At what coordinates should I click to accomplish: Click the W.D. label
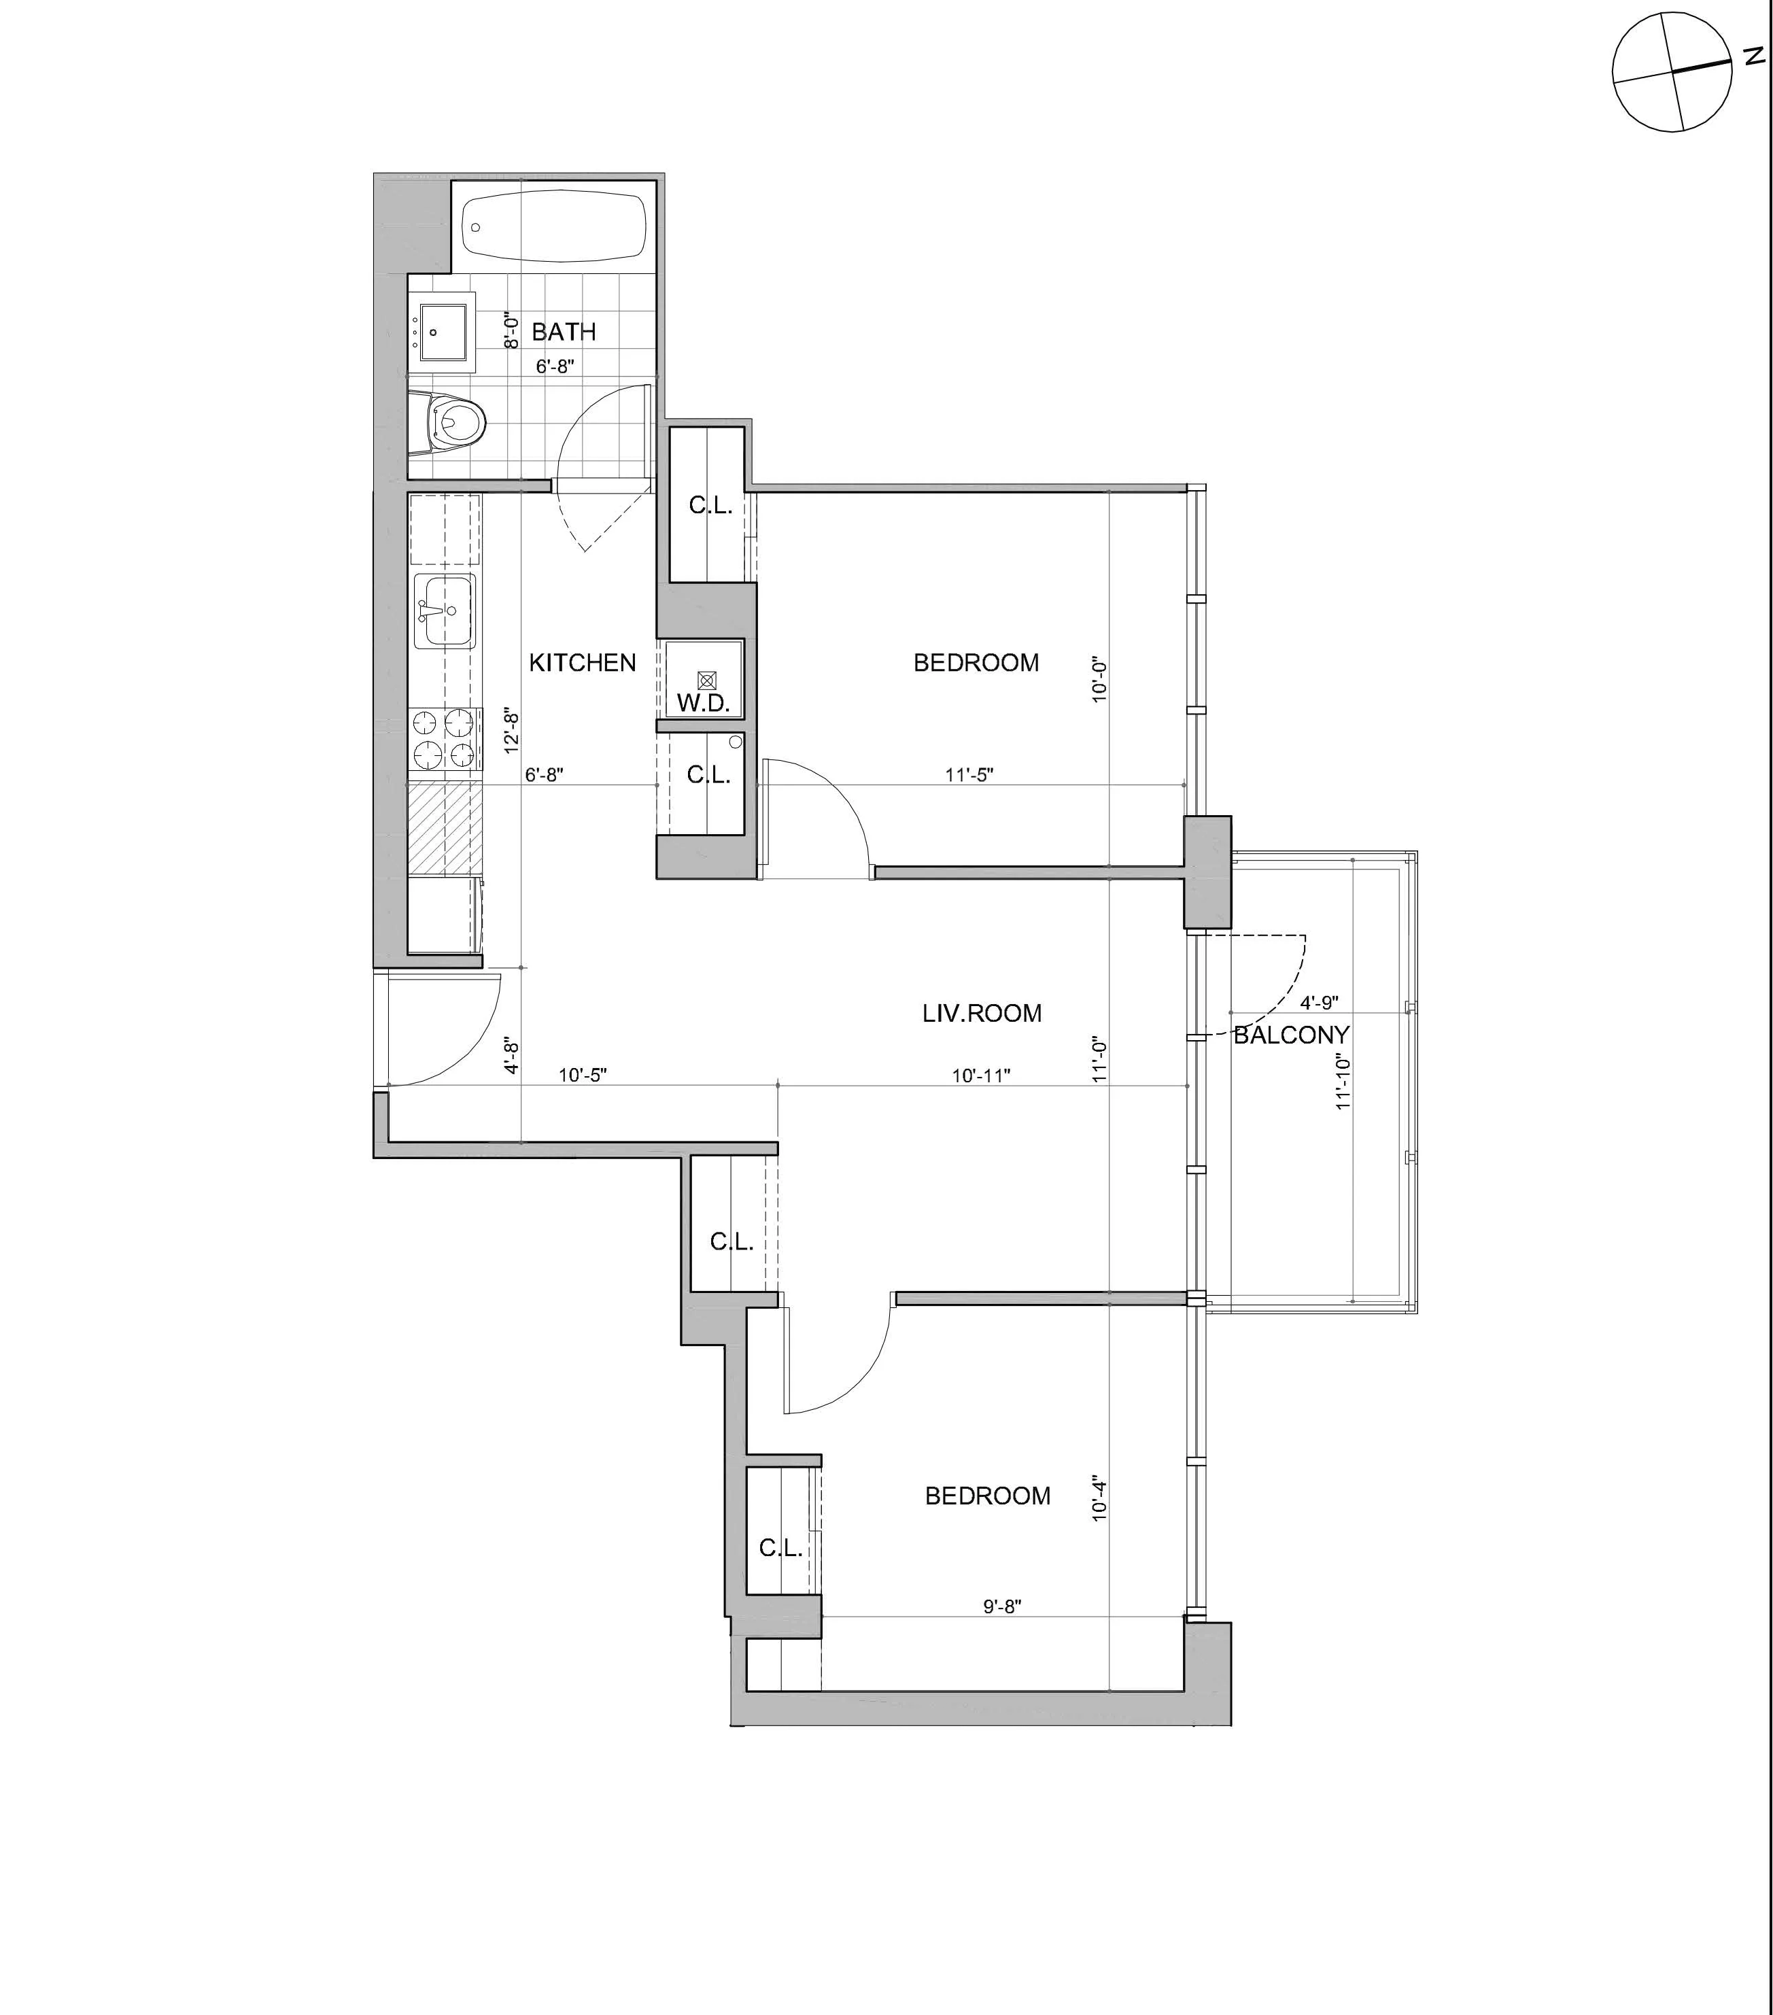tap(703, 703)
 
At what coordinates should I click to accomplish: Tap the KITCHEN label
tap(583, 662)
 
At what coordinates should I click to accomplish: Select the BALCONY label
tap(1291, 1035)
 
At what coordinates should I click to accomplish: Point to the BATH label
tap(564, 332)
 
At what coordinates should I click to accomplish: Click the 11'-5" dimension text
tap(969, 775)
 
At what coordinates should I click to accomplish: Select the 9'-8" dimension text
tap(1002, 1606)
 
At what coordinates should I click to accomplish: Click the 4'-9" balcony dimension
tap(1320, 1003)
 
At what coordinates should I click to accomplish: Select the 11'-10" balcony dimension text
tap(1342, 1082)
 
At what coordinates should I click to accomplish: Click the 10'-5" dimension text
tap(583, 1075)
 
